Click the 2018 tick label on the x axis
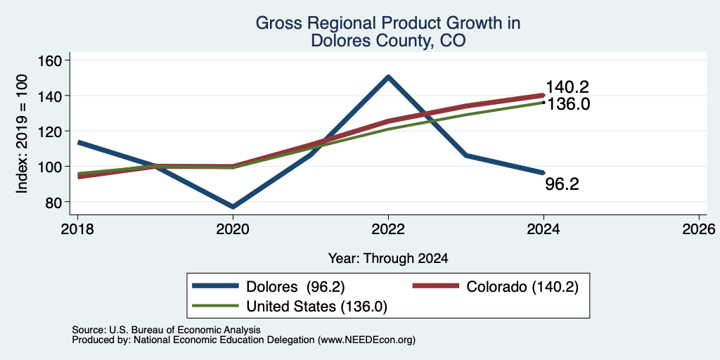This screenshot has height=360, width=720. (77, 229)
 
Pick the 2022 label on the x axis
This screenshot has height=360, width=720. (388, 229)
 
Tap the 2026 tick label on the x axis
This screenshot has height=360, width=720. (699, 229)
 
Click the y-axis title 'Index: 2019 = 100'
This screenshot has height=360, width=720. (22, 134)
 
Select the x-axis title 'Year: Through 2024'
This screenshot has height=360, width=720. (388, 259)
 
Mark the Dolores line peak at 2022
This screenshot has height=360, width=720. (388, 77)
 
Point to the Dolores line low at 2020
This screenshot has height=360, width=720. (233, 207)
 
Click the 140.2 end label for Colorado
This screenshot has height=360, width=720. (567, 87)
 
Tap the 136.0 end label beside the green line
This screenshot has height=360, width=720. (568, 104)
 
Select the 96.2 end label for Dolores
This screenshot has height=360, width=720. (562, 184)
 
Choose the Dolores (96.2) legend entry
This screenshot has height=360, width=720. (269, 286)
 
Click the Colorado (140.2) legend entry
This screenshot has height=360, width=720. (496, 286)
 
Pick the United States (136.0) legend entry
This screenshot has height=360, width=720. (290, 307)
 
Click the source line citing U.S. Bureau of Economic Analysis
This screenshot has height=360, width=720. (166, 330)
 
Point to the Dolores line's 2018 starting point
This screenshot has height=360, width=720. (78, 142)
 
